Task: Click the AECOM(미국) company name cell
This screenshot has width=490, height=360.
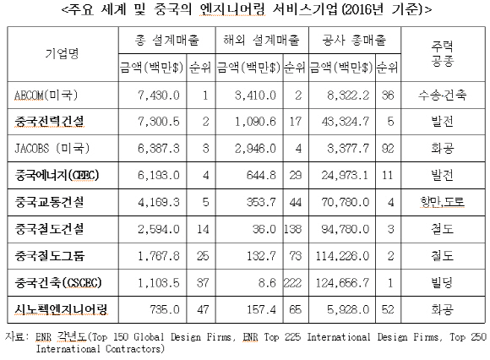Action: point(46,95)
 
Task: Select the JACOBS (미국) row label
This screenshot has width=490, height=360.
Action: point(52,148)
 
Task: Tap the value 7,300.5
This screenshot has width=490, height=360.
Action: point(159,122)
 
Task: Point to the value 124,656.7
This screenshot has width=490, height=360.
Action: point(342,283)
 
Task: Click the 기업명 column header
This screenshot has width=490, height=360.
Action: point(62,54)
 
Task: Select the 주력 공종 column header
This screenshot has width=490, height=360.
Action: point(443,54)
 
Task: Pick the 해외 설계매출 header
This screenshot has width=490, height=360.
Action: point(262,40)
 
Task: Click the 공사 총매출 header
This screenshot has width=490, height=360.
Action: point(354,40)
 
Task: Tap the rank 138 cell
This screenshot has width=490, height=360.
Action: point(293,229)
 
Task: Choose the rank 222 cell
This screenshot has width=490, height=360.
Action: point(293,283)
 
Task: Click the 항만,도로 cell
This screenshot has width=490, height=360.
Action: point(443,202)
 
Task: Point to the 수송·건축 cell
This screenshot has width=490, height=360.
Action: point(443,95)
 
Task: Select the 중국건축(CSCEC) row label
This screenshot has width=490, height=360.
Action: point(58,283)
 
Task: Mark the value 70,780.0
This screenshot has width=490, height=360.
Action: point(346,203)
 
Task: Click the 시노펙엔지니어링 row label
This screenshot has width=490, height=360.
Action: point(61,309)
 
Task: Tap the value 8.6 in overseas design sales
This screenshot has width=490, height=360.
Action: point(267,283)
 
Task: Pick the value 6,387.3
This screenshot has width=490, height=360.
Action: point(159,149)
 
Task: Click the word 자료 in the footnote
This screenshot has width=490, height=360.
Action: point(14,336)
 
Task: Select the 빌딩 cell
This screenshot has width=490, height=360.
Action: point(443,283)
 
